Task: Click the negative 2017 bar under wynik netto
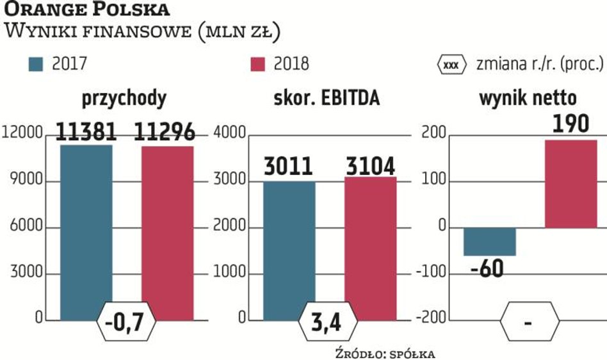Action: [x=490, y=241]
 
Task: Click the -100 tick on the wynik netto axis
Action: [x=433, y=274]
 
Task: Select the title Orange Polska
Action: [x=87, y=10]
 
